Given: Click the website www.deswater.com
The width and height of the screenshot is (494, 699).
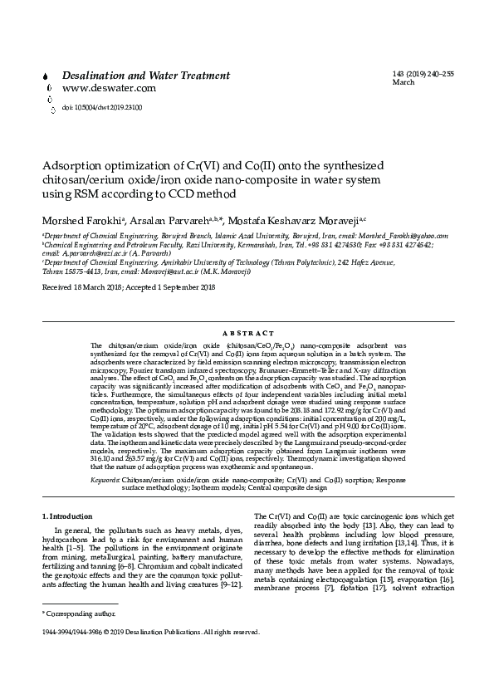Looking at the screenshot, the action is coord(96,87).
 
